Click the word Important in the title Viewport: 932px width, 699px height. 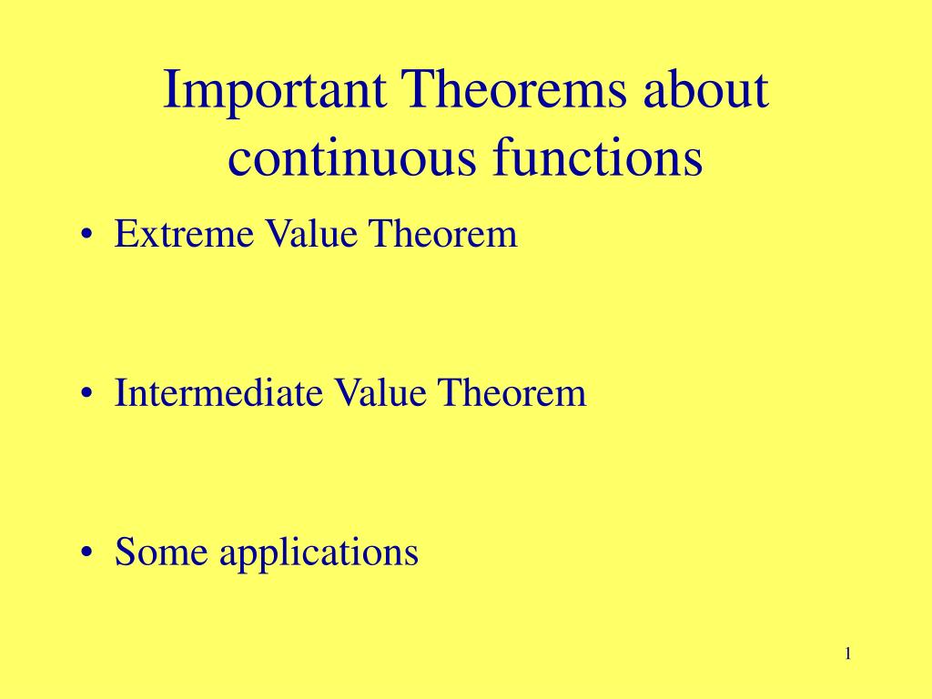pyautogui.click(x=275, y=92)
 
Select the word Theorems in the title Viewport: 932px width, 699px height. pyautogui.click(x=514, y=88)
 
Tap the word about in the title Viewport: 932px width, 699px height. pyautogui.click(x=705, y=88)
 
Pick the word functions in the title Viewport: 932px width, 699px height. pyautogui.click(x=597, y=156)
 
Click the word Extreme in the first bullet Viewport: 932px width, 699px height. pyautogui.click(x=184, y=233)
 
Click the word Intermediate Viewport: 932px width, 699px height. pyautogui.click(x=218, y=392)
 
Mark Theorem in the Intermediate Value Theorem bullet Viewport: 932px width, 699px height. pyautogui.click(x=512, y=392)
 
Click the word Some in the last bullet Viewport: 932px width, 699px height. pyautogui.click(x=161, y=552)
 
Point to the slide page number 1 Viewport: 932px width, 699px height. pyautogui.click(x=848, y=653)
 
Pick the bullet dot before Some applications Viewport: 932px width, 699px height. pyautogui.click(x=87, y=552)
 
